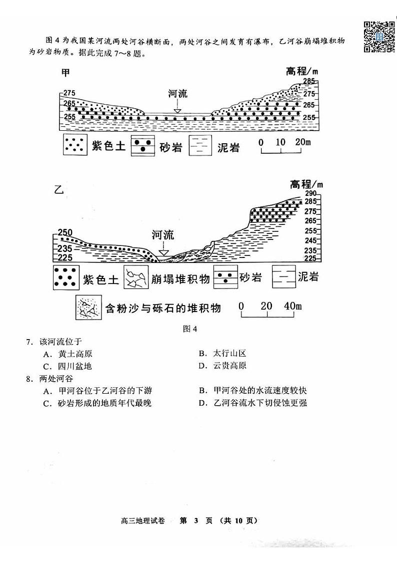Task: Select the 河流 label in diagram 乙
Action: pos(162,235)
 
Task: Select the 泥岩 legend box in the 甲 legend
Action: pos(200,146)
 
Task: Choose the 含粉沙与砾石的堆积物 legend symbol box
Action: pos(87,307)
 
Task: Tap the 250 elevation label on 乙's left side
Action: pos(65,232)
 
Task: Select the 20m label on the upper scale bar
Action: pos(302,143)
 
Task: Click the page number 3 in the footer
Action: pos(196,520)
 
